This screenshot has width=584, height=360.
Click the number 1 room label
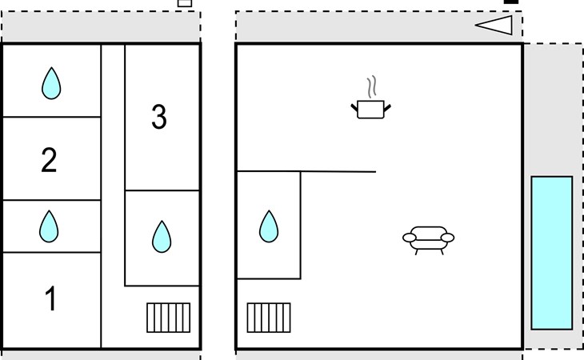[x=50, y=299]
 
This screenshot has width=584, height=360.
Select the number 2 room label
[x=50, y=160]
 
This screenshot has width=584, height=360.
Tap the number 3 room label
[x=158, y=118]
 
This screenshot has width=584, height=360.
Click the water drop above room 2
[x=51, y=82]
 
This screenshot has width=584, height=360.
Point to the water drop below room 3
[x=162, y=237]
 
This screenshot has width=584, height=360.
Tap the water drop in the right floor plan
[x=269, y=226]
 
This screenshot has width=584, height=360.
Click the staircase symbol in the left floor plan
[x=169, y=318]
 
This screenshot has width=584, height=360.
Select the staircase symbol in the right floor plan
[x=269, y=317]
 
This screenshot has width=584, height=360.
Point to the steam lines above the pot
[x=370, y=86]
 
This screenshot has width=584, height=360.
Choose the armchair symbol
[x=427, y=238]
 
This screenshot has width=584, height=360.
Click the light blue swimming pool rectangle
[x=552, y=253]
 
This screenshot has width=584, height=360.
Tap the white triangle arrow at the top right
[x=495, y=25]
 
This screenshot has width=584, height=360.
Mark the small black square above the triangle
[x=511, y=2]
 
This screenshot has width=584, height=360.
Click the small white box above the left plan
[x=185, y=2]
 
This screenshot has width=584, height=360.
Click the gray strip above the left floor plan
[x=101, y=27]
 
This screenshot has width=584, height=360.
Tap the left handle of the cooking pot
[x=354, y=105]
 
